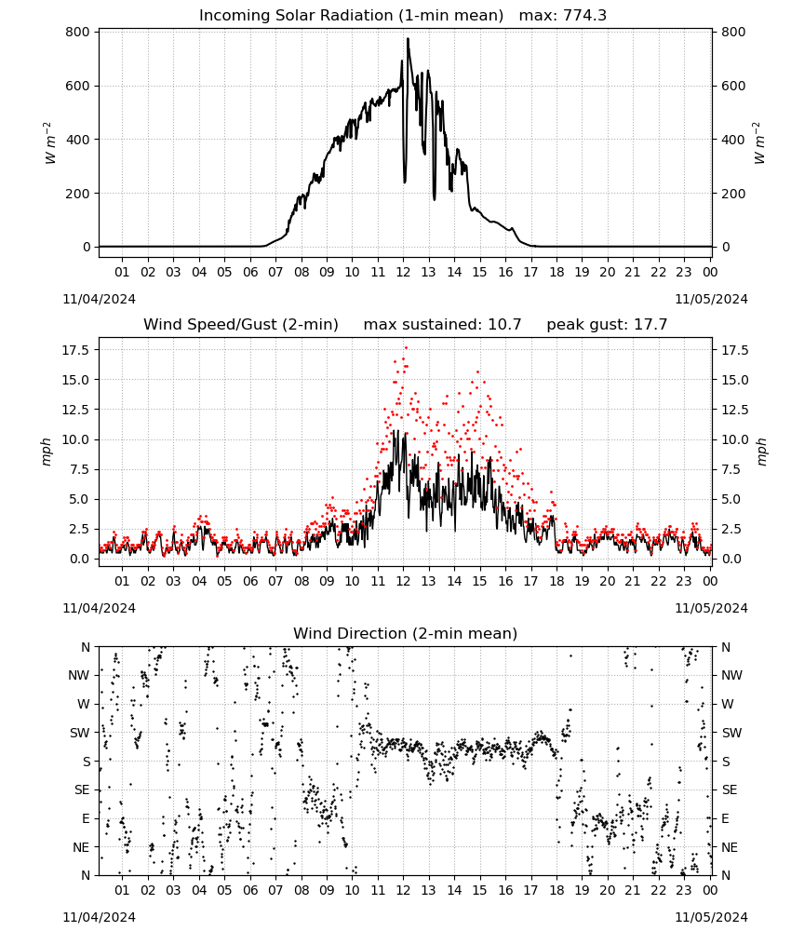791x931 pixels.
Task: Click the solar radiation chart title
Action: point(402,15)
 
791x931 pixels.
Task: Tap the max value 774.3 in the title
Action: point(583,15)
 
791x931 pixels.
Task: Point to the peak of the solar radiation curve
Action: point(408,38)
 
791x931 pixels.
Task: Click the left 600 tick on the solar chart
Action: point(78,86)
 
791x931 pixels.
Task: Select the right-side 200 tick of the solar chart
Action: point(733,194)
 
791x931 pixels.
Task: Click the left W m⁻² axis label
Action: point(50,143)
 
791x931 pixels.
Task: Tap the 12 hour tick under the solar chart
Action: point(403,272)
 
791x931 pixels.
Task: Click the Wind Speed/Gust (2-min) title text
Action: point(241,324)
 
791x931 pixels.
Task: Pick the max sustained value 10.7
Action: point(504,324)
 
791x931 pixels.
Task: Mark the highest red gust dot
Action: point(406,348)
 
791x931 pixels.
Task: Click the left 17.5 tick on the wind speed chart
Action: point(76,350)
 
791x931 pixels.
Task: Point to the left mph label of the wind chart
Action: point(47,452)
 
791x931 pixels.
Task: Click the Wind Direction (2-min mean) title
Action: point(406,633)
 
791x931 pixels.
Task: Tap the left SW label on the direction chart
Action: point(80,733)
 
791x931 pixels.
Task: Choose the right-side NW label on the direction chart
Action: point(731,675)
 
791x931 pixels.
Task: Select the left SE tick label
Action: point(82,789)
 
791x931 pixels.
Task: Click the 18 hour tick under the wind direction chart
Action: point(556,890)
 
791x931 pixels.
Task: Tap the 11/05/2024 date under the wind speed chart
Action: point(711,608)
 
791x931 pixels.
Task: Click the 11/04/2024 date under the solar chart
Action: point(99,299)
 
